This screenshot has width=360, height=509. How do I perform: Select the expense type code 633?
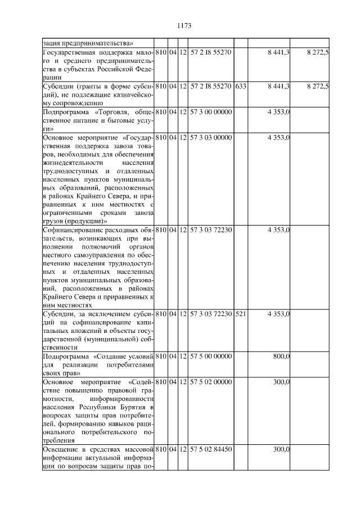click(x=241, y=86)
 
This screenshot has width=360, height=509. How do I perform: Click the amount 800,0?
click(x=281, y=357)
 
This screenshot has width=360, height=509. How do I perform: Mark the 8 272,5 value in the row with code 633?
click(x=318, y=86)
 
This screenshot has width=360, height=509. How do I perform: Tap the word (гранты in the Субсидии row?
click(x=84, y=86)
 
